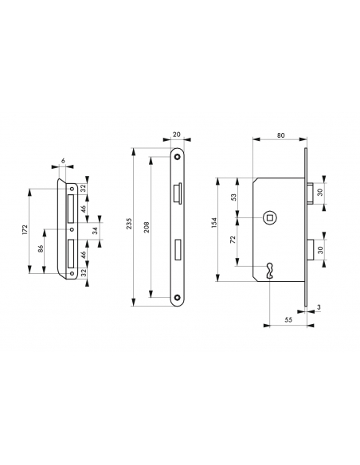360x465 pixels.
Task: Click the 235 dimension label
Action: [129, 224]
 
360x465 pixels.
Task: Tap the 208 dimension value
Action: [147, 227]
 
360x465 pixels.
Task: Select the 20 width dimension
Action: [177, 135]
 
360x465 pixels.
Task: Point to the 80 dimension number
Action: [281, 135]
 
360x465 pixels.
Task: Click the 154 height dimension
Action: [215, 223]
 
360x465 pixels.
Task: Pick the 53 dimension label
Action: [233, 197]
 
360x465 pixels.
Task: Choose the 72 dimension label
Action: [233, 240]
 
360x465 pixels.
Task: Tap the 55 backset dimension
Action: [288, 320]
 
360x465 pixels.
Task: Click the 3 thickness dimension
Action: [319, 307]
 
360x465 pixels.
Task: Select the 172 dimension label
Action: [25, 230]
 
